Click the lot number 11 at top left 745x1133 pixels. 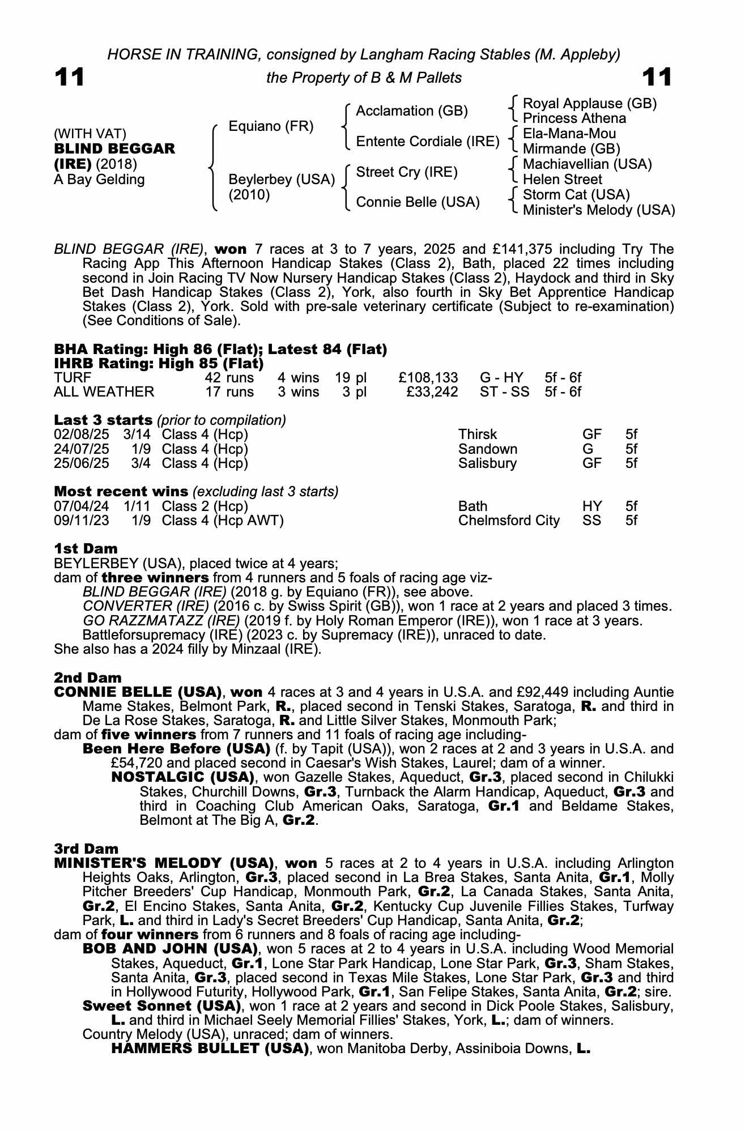[x=69, y=78]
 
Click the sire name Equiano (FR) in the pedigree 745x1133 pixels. [x=271, y=126]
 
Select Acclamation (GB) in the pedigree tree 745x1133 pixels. [x=411, y=111]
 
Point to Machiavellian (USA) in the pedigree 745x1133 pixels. [x=587, y=164]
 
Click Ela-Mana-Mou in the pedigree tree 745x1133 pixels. [x=569, y=134]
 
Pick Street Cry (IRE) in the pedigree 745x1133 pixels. [x=406, y=172]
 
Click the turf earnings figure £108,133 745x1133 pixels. [x=428, y=378]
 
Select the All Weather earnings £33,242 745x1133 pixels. [x=432, y=392]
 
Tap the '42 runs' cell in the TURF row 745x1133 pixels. [x=229, y=378]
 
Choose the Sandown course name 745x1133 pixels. [x=487, y=449]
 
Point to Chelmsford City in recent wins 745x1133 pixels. [x=508, y=521]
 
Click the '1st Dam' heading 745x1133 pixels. [x=86, y=548]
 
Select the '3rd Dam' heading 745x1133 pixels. [x=86, y=849]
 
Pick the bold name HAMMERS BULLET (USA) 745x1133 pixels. [x=210, y=1049]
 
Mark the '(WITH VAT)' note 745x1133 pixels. [x=90, y=134]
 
